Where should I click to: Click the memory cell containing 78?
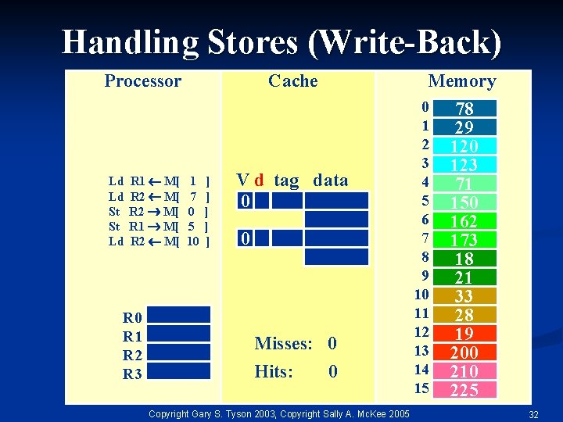tap(464, 108)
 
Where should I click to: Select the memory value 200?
tap(464, 352)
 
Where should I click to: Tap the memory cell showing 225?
tap(464, 389)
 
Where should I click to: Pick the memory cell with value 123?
tap(464, 164)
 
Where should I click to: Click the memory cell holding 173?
tap(464, 239)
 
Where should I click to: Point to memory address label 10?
tap(422, 295)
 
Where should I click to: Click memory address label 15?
tap(422, 388)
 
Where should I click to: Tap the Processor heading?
tap(143, 80)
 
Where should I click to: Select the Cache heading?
tap(293, 80)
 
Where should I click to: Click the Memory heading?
tap(462, 81)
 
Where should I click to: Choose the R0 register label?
tap(132, 317)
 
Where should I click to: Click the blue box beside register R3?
tap(179, 374)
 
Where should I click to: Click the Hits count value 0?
tap(333, 372)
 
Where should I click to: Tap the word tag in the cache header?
tap(286, 181)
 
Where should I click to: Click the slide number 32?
tap(534, 413)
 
